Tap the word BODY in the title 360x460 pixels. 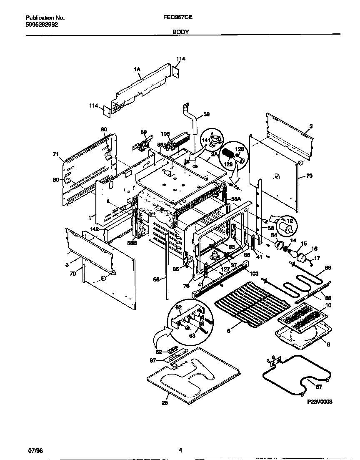coord(180,32)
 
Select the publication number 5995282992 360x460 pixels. coord(42,25)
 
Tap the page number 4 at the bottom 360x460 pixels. coord(180,450)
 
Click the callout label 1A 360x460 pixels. coord(137,70)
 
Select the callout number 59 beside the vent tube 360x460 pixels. coord(206,114)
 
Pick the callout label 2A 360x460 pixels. coord(214,153)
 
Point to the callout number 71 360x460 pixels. coord(55,154)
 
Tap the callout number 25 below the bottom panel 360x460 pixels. coord(165,403)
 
